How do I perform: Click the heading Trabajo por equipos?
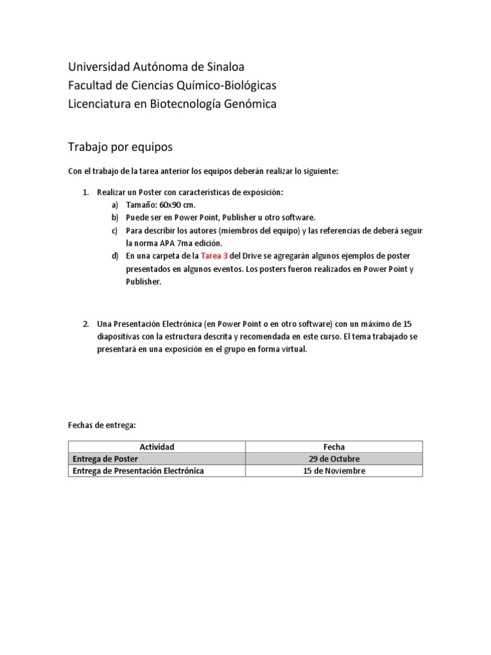click(120, 146)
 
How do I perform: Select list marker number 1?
click(86, 191)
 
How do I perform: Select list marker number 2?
click(86, 323)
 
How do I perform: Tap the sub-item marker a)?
click(115, 204)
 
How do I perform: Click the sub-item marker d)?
click(115, 255)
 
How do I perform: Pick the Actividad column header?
click(157, 446)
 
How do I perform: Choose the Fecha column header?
click(334, 446)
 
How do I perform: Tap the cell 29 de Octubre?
click(334, 459)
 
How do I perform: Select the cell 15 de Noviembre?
click(334, 471)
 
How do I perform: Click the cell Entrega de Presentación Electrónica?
click(138, 471)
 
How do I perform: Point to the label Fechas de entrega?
click(102, 425)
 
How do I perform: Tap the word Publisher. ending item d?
click(144, 281)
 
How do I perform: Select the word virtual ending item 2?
click(293, 349)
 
